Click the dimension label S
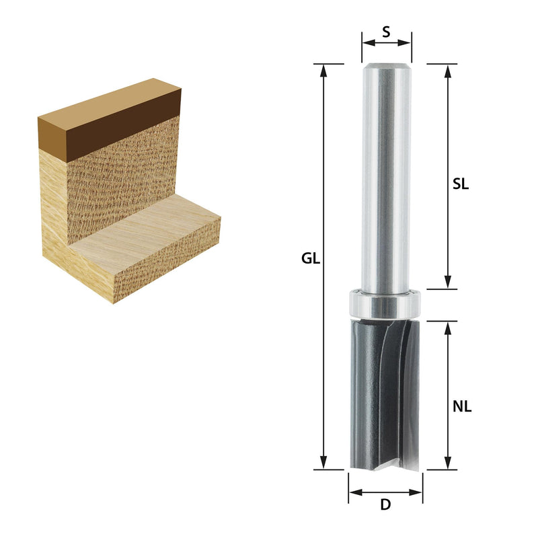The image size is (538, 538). tap(386, 32)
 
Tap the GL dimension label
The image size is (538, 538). tap(311, 258)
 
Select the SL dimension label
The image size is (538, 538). tap(461, 184)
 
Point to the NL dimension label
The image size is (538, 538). tap(462, 407)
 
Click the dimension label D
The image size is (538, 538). tap(385, 505)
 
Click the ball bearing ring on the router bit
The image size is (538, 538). tap(385, 305)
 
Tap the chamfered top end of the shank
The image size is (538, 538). tap(387, 67)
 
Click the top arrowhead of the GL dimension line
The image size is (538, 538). tap(323, 70)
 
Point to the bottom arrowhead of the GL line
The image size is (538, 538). tap(323, 463)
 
